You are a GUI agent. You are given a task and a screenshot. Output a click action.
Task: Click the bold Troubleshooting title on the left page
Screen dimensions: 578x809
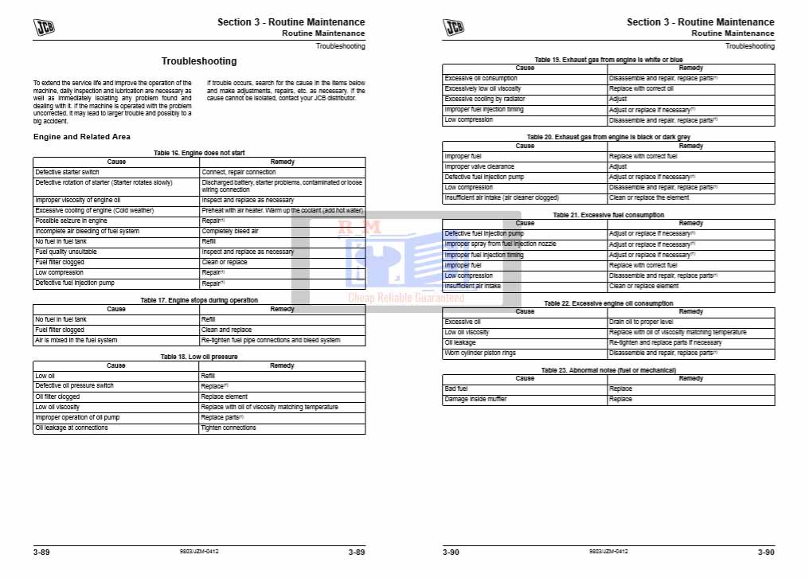[x=199, y=61]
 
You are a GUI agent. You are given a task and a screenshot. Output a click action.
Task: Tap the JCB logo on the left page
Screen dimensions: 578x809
[x=45, y=28]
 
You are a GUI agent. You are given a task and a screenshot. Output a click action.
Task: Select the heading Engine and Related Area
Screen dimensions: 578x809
[x=82, y=137]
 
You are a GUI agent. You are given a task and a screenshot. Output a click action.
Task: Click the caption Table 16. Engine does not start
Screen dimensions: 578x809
[x=199, y=152]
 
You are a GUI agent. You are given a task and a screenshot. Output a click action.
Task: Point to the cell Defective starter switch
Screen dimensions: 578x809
[x=68, y=172]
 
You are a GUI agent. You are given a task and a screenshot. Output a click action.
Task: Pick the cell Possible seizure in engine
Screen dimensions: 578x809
[x=71, y=221]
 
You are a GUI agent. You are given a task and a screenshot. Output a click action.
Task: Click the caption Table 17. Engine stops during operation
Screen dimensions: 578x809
[x=199, y=300]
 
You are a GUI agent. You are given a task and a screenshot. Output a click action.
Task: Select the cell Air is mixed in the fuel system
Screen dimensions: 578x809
[x=76, y=340]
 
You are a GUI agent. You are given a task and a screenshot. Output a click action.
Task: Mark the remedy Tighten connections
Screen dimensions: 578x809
[x=229, y=428]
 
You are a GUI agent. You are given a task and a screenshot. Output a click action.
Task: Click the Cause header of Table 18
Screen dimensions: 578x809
[x=116, y=365]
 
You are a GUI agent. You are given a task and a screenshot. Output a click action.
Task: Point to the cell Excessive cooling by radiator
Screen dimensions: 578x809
[x=485, y=100]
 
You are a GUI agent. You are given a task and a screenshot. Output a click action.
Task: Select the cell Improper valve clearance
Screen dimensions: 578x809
[x=479, y=167]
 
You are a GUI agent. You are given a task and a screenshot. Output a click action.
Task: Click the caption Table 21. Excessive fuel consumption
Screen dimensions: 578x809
[x=608, y=215]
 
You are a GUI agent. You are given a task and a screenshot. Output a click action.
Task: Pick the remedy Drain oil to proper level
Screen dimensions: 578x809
[x=641, y=322]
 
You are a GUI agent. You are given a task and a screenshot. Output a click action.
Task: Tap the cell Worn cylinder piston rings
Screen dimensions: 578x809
[x=480, y=353]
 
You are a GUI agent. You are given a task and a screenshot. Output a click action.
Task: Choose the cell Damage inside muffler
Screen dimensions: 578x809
[x=476, y=399]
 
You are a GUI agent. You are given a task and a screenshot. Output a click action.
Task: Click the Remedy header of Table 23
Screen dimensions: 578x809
[x=690, y=378]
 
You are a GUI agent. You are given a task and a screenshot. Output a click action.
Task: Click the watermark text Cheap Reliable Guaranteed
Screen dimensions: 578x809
[x=406, y=298]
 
